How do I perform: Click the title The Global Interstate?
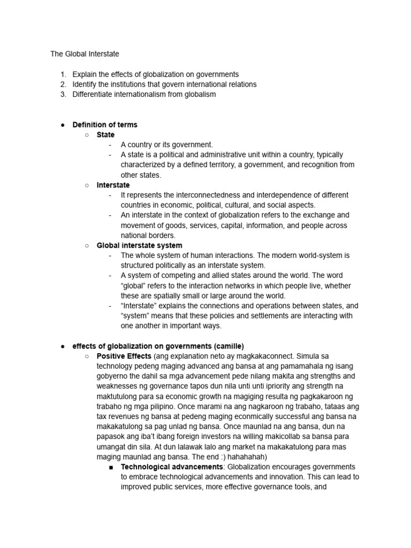coord(85,54)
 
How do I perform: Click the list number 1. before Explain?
coord(63,74)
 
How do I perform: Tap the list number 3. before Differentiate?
coord(63,94)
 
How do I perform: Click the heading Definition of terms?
coord(105,125)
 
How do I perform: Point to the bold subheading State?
coord(105,134)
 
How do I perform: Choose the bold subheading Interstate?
coord(113,185)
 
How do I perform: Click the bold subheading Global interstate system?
coord(139,245)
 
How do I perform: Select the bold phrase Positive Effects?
coord(124,356)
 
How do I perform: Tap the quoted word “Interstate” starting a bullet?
coord(141,306)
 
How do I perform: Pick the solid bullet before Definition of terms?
coord(63,125)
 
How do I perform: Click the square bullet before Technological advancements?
coord(111,467)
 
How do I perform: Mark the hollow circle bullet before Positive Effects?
coord(87,356)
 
